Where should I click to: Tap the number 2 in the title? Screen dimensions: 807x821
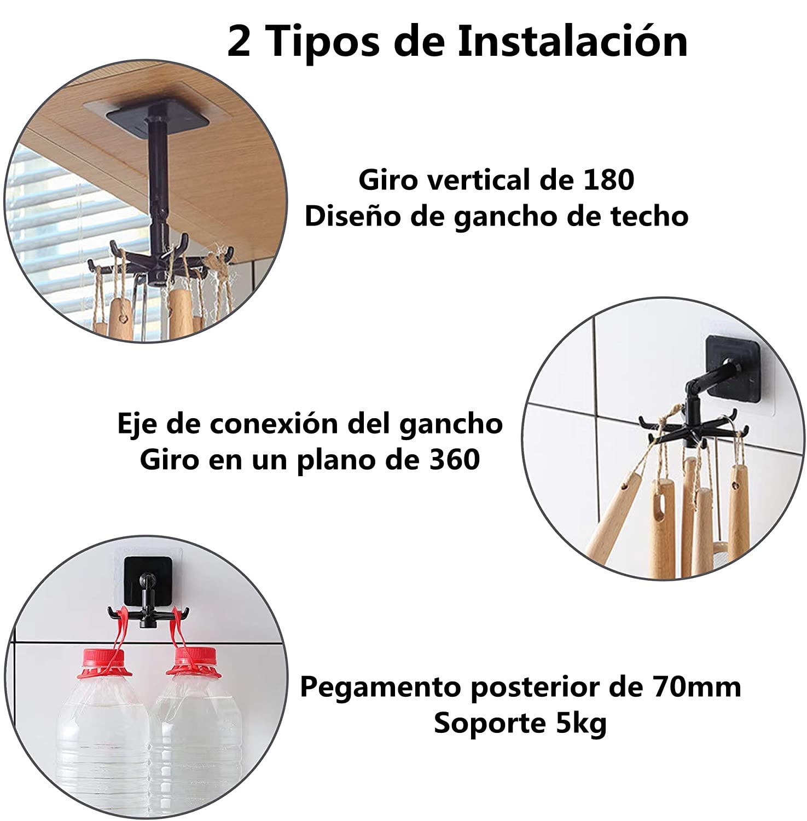(x=239, y=41)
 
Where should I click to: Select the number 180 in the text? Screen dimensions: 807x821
(x=608, y=180)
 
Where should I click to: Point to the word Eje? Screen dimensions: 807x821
(x=137, y=424)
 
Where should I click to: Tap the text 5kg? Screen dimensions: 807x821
(x=581, y=724)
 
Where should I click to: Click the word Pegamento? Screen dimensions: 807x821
(x=381, y=688)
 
